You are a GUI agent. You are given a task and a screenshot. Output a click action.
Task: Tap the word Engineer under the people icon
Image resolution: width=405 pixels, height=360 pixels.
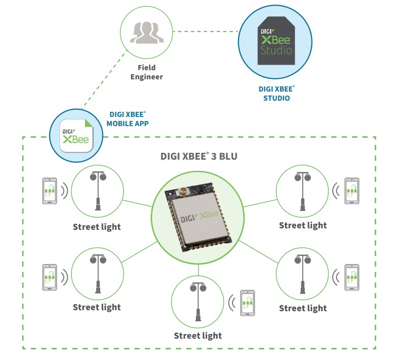click(x=147, y=77)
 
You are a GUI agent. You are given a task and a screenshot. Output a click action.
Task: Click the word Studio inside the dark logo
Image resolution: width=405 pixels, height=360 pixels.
click(x=276, y=50)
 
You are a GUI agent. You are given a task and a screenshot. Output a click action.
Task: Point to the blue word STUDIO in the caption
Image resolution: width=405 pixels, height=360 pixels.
click(x=276, y=98)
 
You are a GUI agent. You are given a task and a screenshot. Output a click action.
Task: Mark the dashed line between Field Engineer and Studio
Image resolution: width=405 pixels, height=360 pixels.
click(x=206, y=31)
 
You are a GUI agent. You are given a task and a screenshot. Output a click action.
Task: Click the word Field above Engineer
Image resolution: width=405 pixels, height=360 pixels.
click(x=147, y=67)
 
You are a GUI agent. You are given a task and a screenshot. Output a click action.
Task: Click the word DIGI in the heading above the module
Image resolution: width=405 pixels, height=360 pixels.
click(x=172, y=156)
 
